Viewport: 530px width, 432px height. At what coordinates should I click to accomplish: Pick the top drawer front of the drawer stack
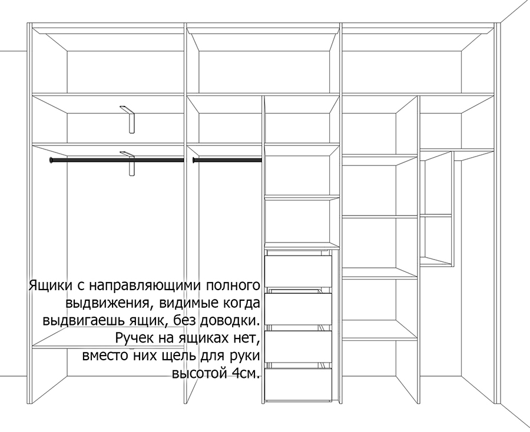298,271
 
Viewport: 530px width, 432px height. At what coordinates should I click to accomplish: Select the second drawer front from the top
298,309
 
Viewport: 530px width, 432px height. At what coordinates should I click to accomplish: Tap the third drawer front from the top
298,347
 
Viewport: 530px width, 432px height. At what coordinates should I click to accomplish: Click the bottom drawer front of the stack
298,384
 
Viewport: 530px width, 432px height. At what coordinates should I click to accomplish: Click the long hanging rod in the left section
117,160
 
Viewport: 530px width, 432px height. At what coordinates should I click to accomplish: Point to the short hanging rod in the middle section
227,160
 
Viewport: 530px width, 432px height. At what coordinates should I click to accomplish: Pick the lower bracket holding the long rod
131,164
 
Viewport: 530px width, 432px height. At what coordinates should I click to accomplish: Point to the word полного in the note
234,285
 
